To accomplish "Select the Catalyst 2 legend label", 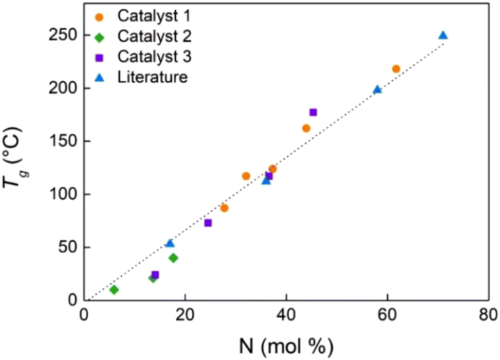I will [x=153, y=36].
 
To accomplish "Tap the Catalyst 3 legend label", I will [x=153, y=56].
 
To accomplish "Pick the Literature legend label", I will [x=152, y=76].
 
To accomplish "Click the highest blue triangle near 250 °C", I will [x=443, y=36].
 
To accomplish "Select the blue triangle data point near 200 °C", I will [x=378, y=89].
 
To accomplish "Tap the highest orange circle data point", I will [x=396, y=69].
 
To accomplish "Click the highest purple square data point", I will [x=313, y=112].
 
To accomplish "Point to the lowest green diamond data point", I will [x=114, y=290].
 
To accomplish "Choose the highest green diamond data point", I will [x=173, y=258].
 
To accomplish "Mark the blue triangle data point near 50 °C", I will [x=170, y=244].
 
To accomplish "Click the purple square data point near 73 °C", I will [x=208, y=222].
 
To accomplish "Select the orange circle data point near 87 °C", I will [x=224, y=208].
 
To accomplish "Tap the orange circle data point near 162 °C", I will [x=306, y=128].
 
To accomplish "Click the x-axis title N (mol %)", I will [x=286, y=344].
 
